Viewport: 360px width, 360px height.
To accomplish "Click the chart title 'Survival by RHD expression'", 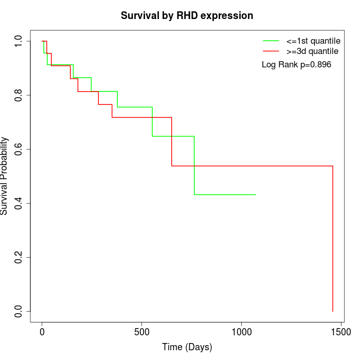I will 187,16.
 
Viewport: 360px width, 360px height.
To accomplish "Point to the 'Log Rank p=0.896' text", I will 296,65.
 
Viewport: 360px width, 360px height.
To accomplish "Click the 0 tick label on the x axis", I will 42,333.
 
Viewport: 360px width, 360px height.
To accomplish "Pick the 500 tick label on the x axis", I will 141,333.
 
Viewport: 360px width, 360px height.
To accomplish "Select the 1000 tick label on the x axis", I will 241,333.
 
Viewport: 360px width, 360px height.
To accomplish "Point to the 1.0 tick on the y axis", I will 19,41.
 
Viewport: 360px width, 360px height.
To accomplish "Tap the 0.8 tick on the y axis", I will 19,95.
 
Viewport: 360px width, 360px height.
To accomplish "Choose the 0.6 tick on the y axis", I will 19,149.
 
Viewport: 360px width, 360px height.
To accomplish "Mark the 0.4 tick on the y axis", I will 19,203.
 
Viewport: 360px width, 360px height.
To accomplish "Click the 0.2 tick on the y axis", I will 19,257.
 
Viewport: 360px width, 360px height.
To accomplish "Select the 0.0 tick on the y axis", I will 19,311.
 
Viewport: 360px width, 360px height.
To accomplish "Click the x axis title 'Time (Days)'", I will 187,348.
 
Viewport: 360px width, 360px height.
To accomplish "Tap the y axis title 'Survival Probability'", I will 5,176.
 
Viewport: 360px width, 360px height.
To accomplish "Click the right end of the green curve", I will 256,194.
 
